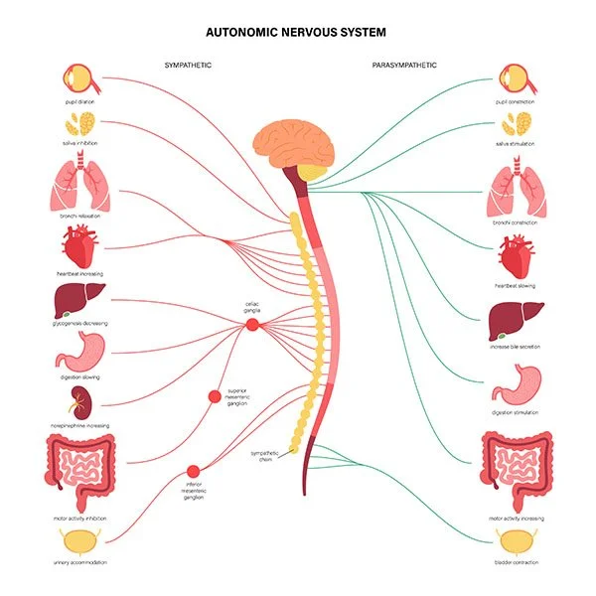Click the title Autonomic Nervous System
298,32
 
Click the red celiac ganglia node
251,323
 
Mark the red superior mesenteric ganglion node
214,397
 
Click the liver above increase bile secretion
516,323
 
